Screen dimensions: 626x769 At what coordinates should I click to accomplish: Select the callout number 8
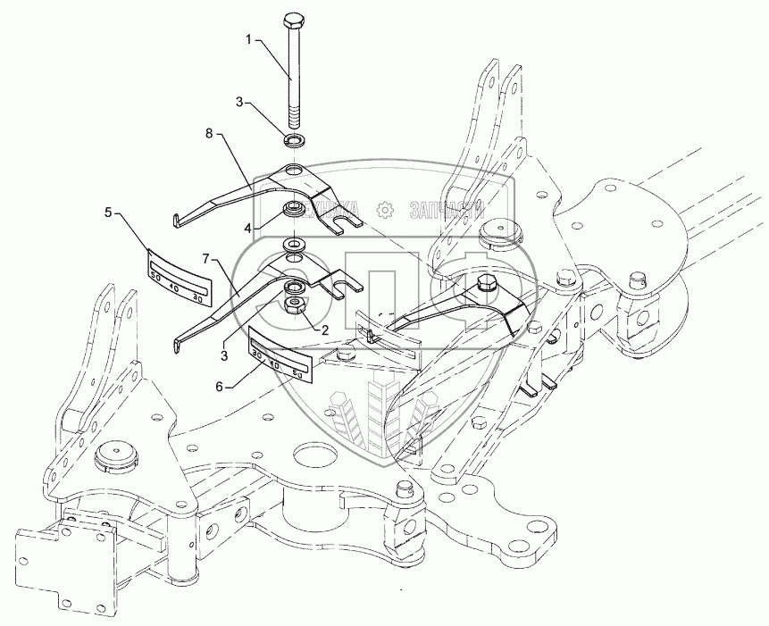(x=209, y=134)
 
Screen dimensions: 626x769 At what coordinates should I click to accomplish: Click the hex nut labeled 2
(x=293, y=306)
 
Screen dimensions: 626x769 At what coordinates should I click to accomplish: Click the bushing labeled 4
(x=292, y=212)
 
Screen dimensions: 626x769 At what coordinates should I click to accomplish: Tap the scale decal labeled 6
(x=285, y=358)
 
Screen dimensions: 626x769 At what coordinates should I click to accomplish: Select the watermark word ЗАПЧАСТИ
(x=445, y=210)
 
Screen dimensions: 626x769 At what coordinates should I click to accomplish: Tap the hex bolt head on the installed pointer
(x=488, y=283)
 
